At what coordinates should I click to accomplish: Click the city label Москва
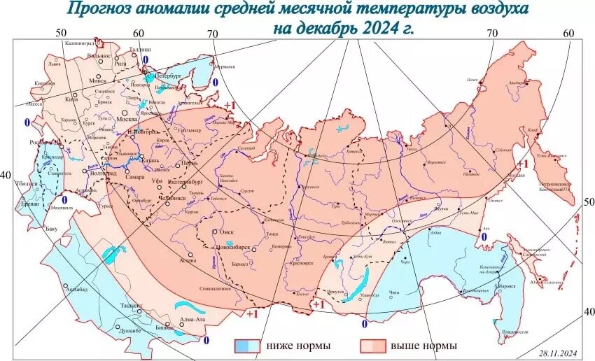126,119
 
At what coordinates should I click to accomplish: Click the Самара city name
135,177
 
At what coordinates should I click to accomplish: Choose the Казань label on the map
152,160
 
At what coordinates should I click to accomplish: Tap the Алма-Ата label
192,320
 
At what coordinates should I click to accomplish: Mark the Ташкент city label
131,306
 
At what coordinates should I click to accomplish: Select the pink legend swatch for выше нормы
372,346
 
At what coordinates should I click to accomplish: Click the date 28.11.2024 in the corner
558,353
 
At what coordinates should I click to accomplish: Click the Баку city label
51,228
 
